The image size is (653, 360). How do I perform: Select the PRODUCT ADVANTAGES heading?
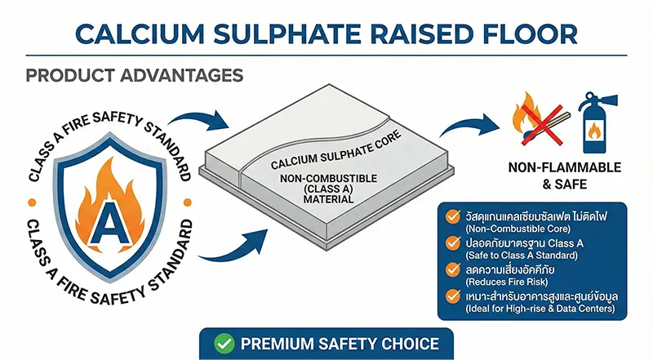(134, 75)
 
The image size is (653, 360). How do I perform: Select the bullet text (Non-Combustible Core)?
(516, 229)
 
